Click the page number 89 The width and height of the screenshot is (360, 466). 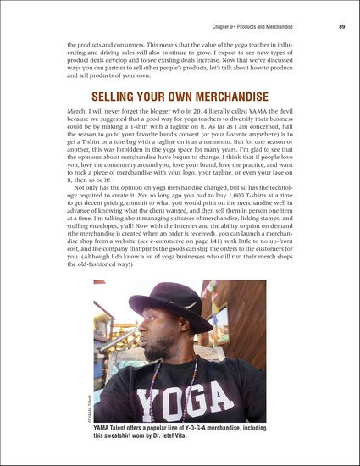pos(341,28)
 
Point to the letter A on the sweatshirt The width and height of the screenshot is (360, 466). pos(243,398)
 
